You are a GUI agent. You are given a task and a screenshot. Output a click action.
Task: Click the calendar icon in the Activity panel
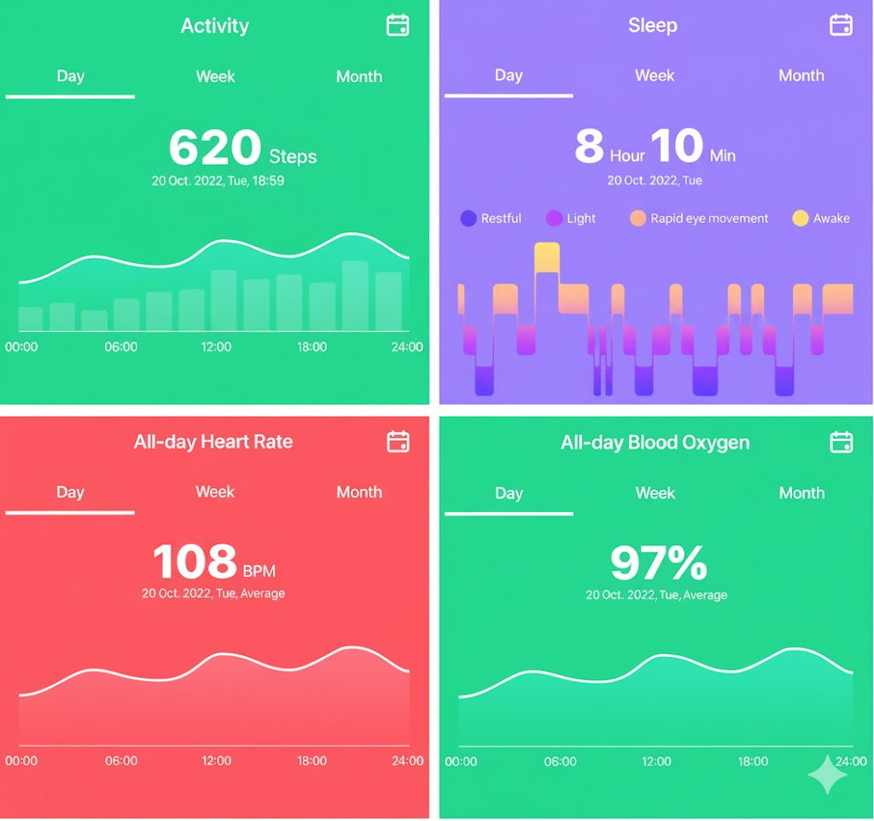tap(398, 26)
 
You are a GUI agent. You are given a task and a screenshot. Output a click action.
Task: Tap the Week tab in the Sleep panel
tap(655, 76)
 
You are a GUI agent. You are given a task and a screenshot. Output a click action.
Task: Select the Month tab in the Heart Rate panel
tap(358, 492)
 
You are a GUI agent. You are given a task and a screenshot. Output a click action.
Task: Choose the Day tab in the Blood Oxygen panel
tap(509, 493)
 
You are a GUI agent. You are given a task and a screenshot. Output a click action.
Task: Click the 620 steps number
tap(214, 148)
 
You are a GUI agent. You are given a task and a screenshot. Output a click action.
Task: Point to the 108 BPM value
tap(195, 562)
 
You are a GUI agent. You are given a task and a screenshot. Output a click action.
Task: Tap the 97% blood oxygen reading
tap(658, 563)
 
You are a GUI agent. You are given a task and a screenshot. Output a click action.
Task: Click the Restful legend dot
tap(468, 218)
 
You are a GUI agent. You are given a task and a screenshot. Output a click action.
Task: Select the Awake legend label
tap(831, 218)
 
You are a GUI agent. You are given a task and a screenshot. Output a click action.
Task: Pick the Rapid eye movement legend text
tap(709, 218)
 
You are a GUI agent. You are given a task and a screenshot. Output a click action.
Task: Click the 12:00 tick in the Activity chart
tap(216, 347)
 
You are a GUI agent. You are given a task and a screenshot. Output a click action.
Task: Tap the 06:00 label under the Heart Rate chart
tap(121, 760)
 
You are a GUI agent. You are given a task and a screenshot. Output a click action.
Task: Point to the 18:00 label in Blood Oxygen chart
tap(753, 761)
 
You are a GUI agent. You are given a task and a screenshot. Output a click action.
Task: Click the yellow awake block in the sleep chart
tap(546, 258)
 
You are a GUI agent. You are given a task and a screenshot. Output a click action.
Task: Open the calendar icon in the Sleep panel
tap(841, 25)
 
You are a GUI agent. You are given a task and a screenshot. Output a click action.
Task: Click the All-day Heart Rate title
tap(213, 442)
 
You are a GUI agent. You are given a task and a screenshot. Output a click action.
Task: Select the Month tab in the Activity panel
tap(358, 77)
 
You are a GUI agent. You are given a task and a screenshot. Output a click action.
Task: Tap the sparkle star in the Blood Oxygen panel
tap(827, 773)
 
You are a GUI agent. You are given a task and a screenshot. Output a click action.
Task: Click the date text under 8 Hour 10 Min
tap(654, 181)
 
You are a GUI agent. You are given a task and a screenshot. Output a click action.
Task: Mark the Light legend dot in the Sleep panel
tap(554, 218)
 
